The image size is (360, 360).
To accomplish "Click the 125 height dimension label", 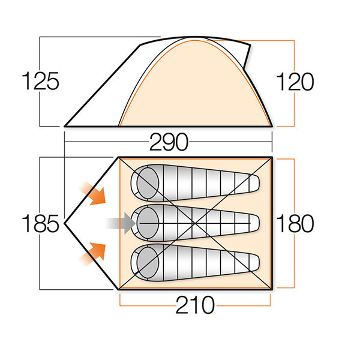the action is (x=40, y=81).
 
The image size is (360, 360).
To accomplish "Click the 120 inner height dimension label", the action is (x=295, y=82).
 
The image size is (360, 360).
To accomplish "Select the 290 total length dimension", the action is (x=169, y=142).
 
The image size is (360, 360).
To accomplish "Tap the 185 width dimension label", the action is (x=40, y=223).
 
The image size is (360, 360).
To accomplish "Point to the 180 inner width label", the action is (x=295, y=223).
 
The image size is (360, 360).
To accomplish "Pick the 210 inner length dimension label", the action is (x=195, y=305).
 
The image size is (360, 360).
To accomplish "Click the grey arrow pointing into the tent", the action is (x=121, y=223).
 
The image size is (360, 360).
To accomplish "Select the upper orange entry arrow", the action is (x=92, y=193).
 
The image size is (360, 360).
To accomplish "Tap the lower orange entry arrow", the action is (x=92, y=254).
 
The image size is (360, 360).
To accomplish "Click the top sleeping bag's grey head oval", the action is (x=148, y=183).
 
